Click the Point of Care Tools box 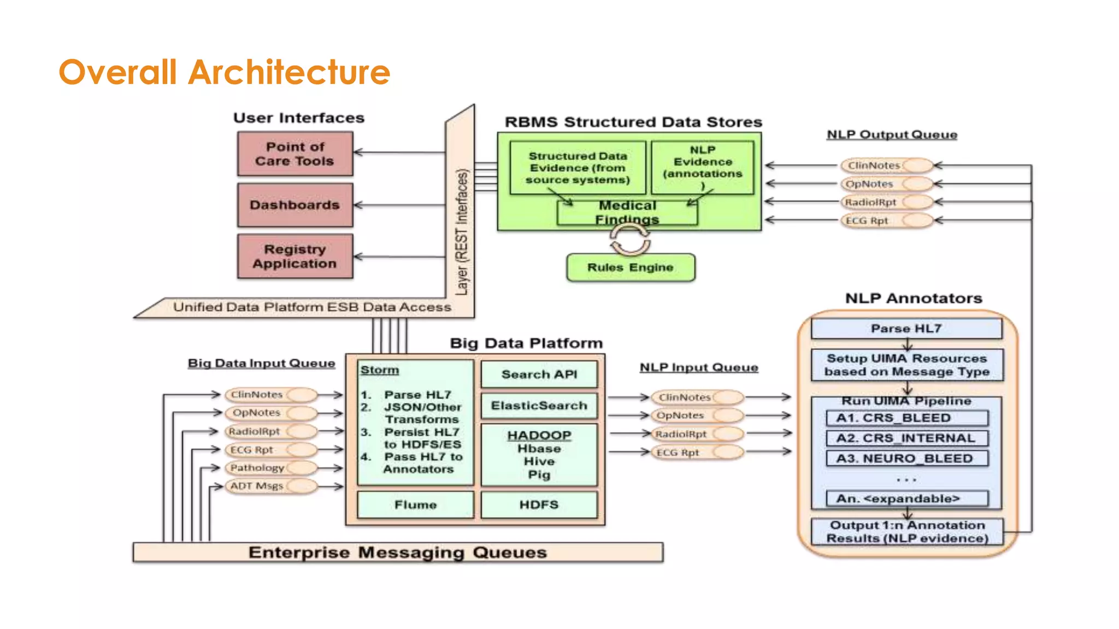click(295, 154)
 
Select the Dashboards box click(295, 205)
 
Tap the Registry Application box click(295, 256)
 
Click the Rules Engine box click(631, 268)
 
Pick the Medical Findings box click(627, 213)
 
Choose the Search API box click(539, 375)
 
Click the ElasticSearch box click(539, 406)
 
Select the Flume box click(415, 505)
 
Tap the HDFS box click(539, 505)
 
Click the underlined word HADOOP click(539, 435)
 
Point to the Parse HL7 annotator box click(906, 328)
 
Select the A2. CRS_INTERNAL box click(906, 438)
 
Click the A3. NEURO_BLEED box click(906, 458)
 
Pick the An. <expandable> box click(906, 499)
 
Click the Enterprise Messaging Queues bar click(398, 552)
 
